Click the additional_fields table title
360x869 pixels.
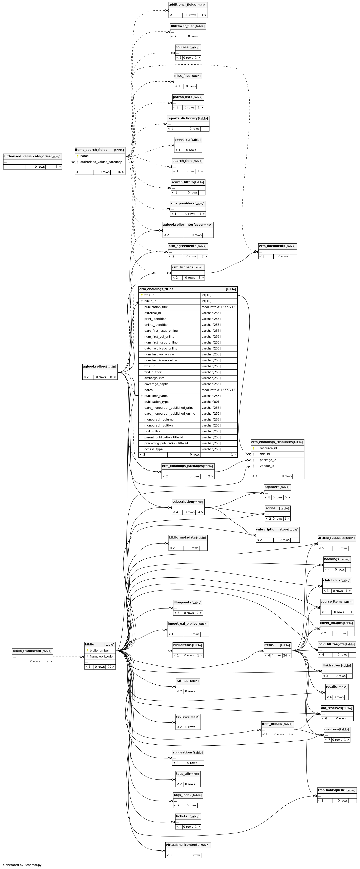182,5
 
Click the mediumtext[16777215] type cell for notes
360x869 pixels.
219,390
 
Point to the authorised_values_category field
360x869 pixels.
101,162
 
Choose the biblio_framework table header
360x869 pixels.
27,651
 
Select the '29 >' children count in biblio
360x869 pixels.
111,667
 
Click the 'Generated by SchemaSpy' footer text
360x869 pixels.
22,865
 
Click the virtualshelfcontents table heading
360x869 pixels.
182,845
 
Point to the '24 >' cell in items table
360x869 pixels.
287,656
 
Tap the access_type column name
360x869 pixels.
153,449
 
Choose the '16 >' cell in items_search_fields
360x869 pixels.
121,172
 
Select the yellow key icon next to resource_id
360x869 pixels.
254,448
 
